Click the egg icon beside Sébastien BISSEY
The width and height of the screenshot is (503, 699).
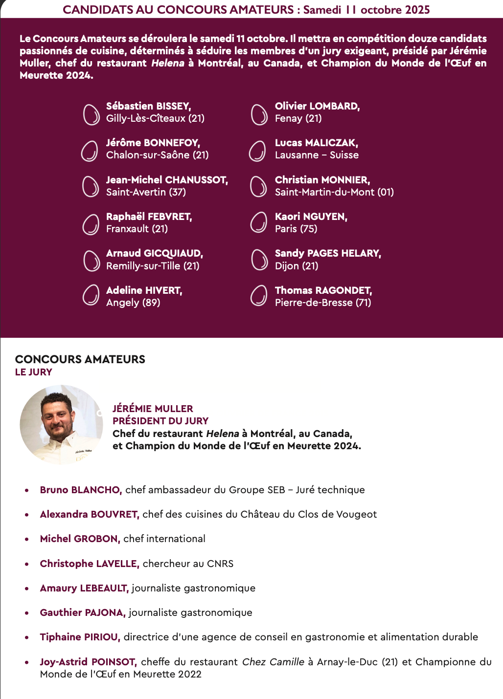click(x=91, y=114)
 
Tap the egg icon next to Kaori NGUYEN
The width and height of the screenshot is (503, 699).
click(x=258, y=223)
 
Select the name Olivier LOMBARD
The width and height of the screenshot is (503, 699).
click(x=317, y=106)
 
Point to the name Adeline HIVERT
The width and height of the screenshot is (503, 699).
click(x=144, y=290)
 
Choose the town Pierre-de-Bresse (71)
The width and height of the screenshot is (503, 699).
click(x=323, y=303)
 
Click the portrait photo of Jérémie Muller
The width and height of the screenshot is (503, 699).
click(x=61, y=424)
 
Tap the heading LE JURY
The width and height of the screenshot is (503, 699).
click(x=33, y=372)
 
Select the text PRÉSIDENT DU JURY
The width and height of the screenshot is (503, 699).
click(x=160, y=421)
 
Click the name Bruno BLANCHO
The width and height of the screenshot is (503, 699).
click(x=81, y=490)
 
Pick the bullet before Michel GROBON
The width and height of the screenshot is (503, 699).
click(x=27, y=539)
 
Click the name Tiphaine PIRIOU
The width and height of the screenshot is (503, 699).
click(x=80, y=637)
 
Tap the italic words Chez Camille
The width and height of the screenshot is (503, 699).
click(x=273, y=662)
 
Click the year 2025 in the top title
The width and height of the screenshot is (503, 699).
click(x=416, y=10)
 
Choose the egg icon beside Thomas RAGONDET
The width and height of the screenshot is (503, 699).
click(x=258, y=296)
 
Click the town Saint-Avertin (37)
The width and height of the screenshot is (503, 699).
click(x=146, y=192)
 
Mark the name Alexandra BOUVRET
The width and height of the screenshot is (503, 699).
click(x=90, y=514)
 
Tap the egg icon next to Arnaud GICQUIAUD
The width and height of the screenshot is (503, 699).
click(x=91, y=260)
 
